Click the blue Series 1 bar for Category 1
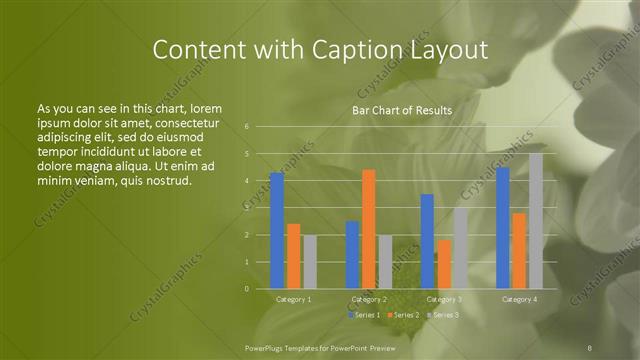coord(277,230)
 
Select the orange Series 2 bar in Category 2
coord(369,229)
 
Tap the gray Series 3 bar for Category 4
coord(536,221)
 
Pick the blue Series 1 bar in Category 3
coord(427,241)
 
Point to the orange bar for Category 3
coord(444,264)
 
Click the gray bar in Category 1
coord(310,262)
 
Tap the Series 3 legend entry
coord(444,315)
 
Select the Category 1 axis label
coord(293,299)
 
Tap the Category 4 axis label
coord(519,299)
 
